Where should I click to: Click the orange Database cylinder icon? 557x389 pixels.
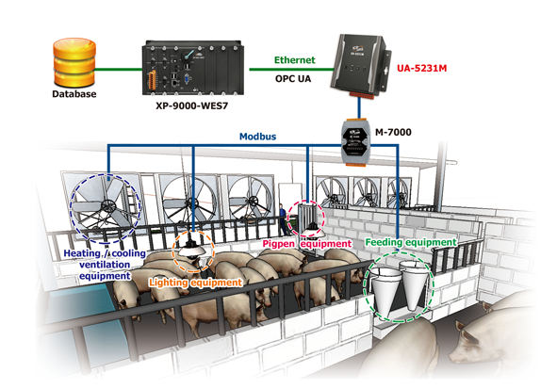[74, 62]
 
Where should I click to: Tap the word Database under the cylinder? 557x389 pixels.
[74, 94]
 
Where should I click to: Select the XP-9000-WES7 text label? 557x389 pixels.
[192, 105]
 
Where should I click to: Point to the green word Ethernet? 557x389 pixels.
[294, 60]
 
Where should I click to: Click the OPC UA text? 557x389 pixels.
[293, 79]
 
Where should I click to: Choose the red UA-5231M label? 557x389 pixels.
[421, 68]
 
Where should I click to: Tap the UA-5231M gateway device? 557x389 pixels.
[360, 65]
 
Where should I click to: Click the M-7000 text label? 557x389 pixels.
[393, 132]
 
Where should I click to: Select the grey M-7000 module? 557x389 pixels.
[356, 141]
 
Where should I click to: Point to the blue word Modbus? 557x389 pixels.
[257, 137]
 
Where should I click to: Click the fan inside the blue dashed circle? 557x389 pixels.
[106, 207]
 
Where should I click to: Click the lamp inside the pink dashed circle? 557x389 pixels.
[312, 230]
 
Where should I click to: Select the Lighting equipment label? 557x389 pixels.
[196, 283]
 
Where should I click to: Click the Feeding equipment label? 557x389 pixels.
[411, 242]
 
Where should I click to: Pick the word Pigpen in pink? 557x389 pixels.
[279, 244]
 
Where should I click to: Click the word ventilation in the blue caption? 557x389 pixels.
[105, 265]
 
